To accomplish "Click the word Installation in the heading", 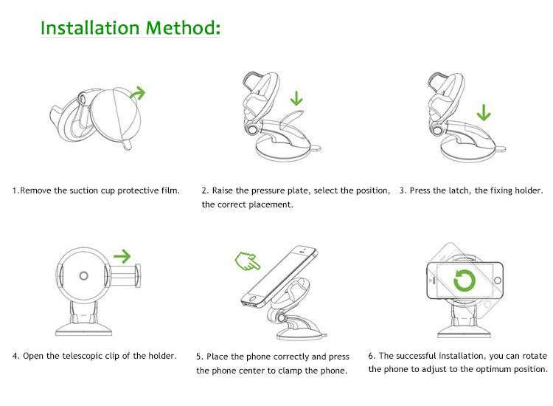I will tap(90, 28).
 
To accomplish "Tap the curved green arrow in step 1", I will tap(137, 93).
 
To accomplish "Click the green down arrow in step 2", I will tap(296, 97).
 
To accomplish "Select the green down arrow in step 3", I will tap(484, 111).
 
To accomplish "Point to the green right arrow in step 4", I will tap(122, 257).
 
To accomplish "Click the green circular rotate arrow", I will tap(465, 281).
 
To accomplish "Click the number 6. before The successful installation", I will tap(372, 356).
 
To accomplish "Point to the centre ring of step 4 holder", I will tap(83, 276).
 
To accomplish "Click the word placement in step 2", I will tap(272, 204).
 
